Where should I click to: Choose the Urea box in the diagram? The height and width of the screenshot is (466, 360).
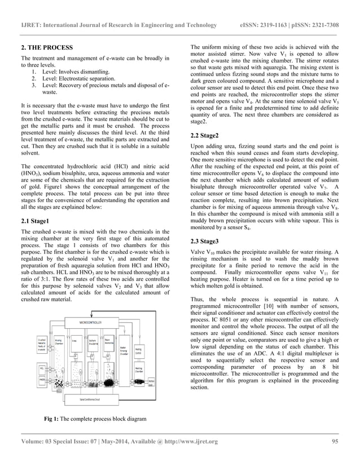[74, 340]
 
